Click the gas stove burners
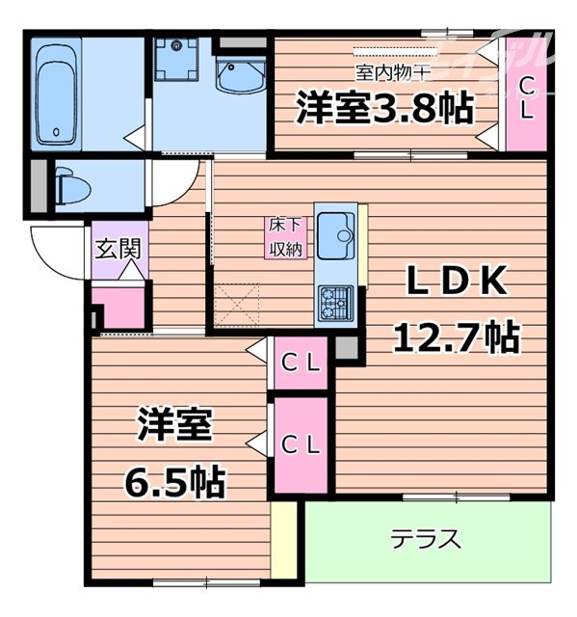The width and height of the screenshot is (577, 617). (334, 302)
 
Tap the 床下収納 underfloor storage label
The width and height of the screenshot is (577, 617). (285, 237)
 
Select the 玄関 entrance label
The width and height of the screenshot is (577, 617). (118, 248)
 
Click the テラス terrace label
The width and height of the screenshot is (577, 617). (426, 539)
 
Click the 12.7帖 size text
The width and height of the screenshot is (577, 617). (456, 337)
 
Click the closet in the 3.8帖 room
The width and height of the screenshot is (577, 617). (525, 96)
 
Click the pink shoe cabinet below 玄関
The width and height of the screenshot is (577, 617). (123, 307)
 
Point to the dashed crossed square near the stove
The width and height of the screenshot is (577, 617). (235, 302)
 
